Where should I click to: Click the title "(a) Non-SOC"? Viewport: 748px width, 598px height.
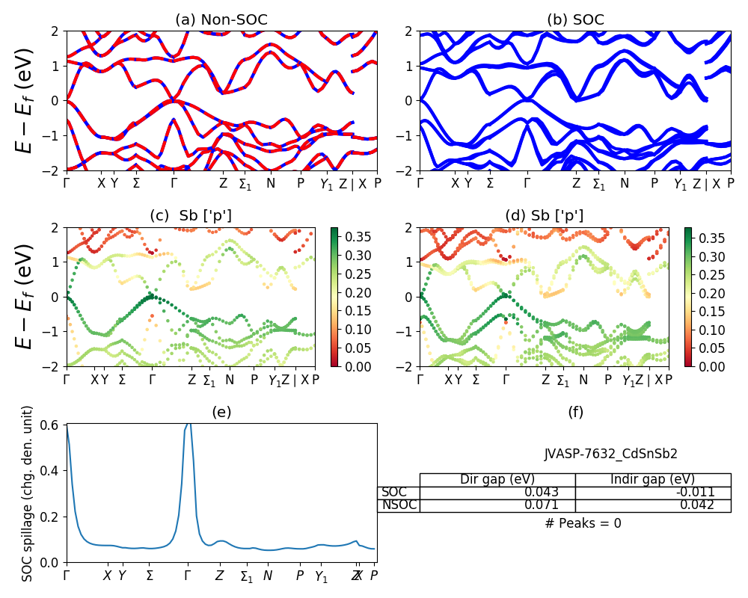(x=221, y=20)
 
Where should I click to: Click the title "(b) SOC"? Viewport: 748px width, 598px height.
(x=575, y=20)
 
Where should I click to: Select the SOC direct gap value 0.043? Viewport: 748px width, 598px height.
(x=540, y=493)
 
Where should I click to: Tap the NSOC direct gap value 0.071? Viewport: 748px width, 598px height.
(x=540, y=505)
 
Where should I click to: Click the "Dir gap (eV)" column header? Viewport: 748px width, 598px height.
(x=497, y=479)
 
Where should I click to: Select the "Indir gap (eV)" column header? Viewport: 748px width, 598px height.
(x=653, y=479)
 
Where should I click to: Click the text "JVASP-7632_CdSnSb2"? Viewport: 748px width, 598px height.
(x=610, y=454)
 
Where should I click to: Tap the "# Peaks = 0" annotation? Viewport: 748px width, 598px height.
(x=583, y=523)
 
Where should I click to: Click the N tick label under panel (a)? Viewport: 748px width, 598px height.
(x=271, y=182)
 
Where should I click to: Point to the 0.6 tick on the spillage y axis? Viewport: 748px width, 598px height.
(x=55, y=425)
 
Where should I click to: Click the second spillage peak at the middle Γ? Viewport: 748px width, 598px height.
(x=188, y=425)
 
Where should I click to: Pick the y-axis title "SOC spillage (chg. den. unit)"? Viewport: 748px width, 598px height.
(x=28, y=493)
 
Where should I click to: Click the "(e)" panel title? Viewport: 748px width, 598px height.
(x=221, y=412)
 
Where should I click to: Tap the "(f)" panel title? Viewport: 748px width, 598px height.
(x=575, y=412)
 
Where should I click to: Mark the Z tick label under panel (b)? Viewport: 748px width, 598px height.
(x=576, y=182)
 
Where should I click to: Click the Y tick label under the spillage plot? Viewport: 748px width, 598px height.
(x=122, y=576)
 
